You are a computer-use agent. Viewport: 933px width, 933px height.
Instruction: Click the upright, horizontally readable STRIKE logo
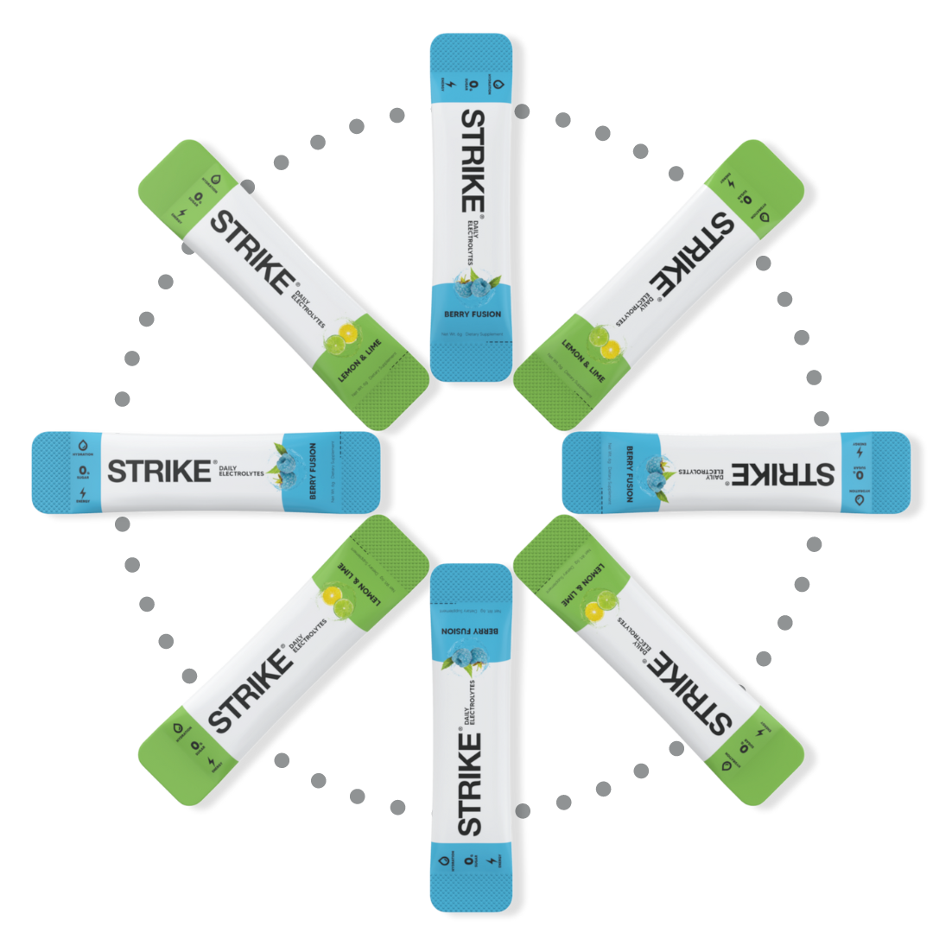click(159, 472)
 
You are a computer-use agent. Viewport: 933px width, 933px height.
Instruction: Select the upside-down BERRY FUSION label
click(472, 632)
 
